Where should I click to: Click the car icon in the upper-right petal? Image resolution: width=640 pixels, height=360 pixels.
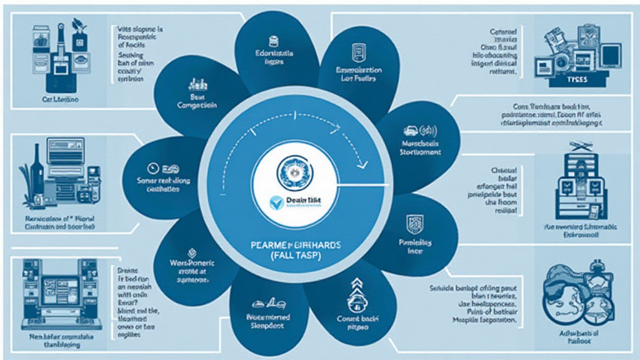(x=411, y=132)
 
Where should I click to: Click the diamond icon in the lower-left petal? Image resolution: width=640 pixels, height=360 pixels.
(x=192, y=254)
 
